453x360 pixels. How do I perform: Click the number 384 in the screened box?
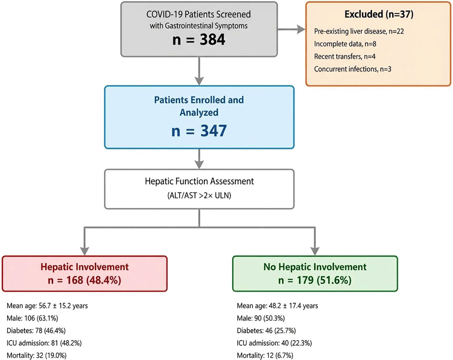[213, 40]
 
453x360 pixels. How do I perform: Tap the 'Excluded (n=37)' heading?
[379, 14]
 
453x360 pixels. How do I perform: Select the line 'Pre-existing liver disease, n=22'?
[359, 31]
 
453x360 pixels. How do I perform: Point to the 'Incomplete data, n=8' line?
[345, 44]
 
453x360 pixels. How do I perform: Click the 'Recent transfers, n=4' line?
[345, 57]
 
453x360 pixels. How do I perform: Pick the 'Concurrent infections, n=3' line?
[353, 69]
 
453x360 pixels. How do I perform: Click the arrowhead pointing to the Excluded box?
[301, 29]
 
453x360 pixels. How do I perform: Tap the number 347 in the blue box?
[213, 131]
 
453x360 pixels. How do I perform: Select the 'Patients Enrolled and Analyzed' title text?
[199, 106]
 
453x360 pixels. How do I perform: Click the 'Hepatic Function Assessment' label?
[199, 181]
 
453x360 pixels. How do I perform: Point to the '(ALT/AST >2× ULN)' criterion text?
[199, 195]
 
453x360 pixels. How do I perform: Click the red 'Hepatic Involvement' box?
[84, 274]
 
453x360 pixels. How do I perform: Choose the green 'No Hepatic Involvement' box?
[315, 274]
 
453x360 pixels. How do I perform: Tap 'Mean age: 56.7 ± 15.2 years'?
[47, 306]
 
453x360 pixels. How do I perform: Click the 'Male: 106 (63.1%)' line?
[32, 318]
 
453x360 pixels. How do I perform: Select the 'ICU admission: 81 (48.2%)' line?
[44, 343]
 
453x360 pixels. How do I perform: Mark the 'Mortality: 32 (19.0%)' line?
[36, 356]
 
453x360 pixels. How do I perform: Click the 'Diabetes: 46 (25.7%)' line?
[266, 331]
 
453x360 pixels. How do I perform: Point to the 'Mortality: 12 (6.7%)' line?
[265, 356]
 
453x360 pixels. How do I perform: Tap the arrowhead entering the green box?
[315, 251]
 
